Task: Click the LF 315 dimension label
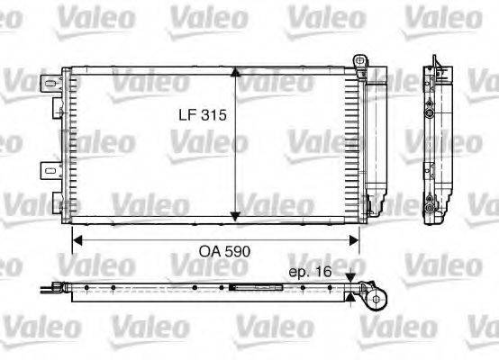point(199,115)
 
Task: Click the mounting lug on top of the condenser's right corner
point(362,60)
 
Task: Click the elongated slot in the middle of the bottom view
point(244,289)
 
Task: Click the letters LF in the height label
point(186,115)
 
